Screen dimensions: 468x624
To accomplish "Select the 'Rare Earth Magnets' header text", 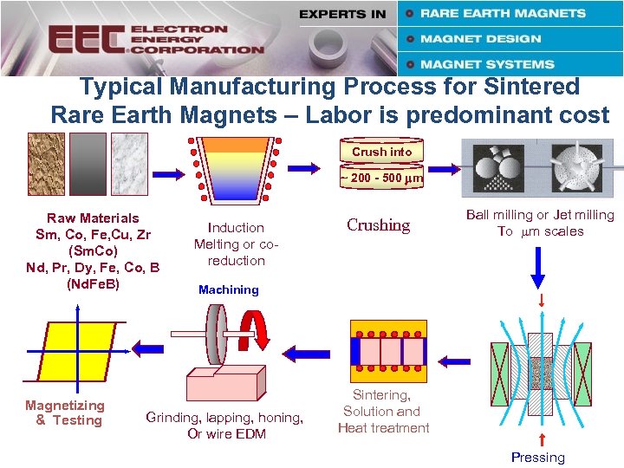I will (x=503, y=13).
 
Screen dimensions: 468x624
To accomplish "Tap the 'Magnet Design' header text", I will (x=480, y=39).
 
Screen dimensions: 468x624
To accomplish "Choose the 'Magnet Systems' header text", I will (x=486, y=64).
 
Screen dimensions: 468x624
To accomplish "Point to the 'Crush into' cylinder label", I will (x=381, y=152).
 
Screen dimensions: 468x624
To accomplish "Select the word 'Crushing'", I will (x=378, y=225).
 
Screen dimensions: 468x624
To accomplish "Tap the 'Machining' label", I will (x=229, y=290).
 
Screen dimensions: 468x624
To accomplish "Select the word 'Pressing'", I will (x=537, y=458).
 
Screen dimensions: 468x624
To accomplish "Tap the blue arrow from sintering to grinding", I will (x=303, y=353).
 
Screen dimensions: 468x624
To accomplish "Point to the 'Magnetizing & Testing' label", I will (x=65, y=413).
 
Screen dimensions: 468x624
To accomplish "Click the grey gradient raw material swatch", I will (x=88, y=164).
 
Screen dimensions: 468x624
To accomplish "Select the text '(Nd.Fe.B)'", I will (x=93, y=283).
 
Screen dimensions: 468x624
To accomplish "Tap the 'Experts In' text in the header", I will (x=342, y=14).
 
